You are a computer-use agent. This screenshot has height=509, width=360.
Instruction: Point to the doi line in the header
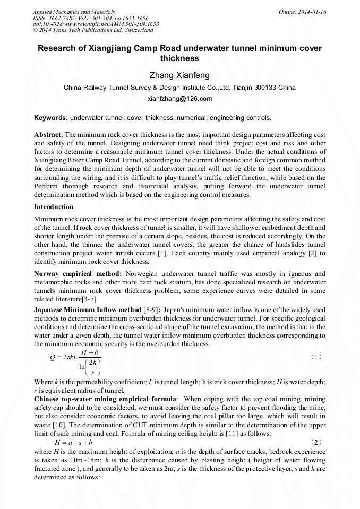click(x=96, y=24)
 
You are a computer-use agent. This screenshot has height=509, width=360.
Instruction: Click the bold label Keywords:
click(x=50, y=117)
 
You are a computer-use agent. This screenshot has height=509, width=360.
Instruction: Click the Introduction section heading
click(x=54, y=206)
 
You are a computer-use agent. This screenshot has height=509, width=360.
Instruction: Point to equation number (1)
click(x=315, y=357)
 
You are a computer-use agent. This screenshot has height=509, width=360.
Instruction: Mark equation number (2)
click(x=315, y=442)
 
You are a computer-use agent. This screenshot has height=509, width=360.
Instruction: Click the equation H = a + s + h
click(x=73, y=442)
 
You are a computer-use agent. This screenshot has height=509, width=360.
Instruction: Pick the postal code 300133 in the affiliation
click(x=265, y=87)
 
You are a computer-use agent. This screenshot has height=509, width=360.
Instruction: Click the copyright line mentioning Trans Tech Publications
click(x=93, y=30)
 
